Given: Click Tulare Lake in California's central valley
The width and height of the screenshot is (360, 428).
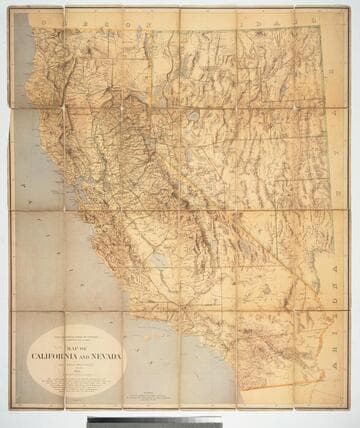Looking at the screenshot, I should (x=158, y=260).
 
